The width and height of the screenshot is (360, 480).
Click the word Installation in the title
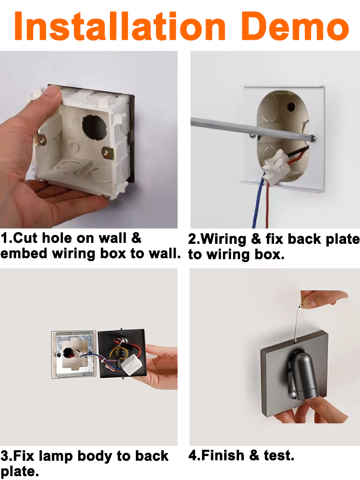tap(120, 26)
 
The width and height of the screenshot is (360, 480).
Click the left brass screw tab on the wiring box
tap(41, 140)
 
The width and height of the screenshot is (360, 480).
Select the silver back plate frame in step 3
tap(74, 355)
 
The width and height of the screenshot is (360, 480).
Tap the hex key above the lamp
tap(299, 322)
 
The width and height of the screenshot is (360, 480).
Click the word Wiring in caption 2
tap(224, 239)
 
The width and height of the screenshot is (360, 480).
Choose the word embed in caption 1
tap(24, 253)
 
